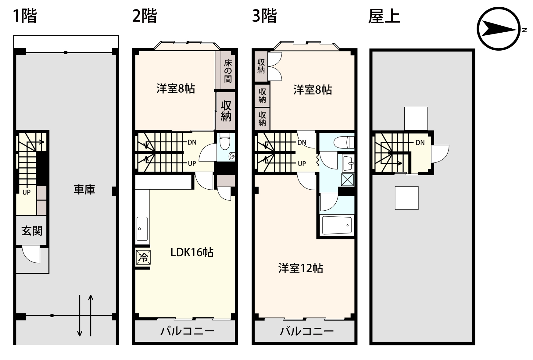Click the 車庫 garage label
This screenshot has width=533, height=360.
84,190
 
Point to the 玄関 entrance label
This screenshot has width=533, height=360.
32,231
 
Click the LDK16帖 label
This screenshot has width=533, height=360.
192,252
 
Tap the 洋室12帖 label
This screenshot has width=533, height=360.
300,268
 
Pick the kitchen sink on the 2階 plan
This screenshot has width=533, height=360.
142,229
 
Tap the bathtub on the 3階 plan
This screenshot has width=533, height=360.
337,225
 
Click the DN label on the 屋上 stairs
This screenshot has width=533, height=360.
420,143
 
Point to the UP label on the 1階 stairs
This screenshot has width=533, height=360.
27,192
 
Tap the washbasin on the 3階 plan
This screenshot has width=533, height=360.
348,163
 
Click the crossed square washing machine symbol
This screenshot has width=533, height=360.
347,180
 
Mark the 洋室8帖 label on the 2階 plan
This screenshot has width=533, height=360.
176,89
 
